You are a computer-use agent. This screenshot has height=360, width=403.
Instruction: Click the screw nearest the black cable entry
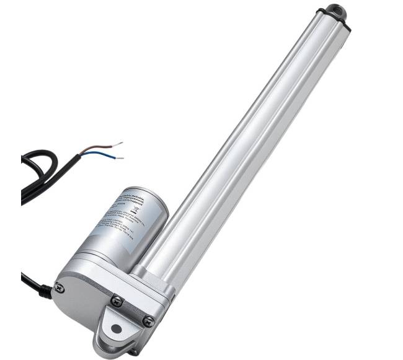(x=59, y=287)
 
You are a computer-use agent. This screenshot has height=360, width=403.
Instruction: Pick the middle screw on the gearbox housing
(x=117, y=301)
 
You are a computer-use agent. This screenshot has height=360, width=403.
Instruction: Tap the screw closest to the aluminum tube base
(x=148, y=321)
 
